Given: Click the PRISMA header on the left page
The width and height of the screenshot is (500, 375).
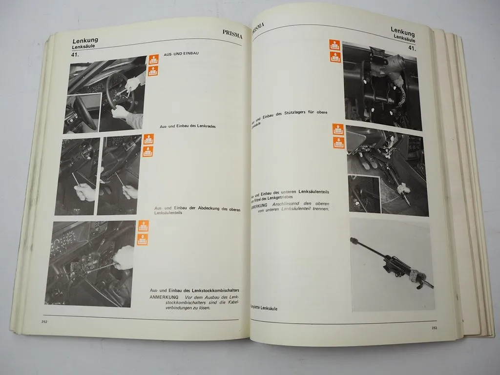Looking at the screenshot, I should click(x=229, y=35).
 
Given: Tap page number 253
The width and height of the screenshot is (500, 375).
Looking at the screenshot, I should click(x=434, y=327).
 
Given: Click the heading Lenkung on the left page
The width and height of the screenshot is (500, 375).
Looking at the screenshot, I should click(x=85, y=41).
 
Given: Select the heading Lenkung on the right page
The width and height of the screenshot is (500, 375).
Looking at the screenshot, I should click(x=402, y=32).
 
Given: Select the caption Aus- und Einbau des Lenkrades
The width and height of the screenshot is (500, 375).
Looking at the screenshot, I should click(x=187, y=126).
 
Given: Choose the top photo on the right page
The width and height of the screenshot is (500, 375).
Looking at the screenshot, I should click(x=381, y=85).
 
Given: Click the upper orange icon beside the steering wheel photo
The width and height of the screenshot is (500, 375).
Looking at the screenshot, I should click(x=153, y=60).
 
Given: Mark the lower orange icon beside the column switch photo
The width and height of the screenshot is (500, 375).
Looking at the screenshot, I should click(x=143, y=239).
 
